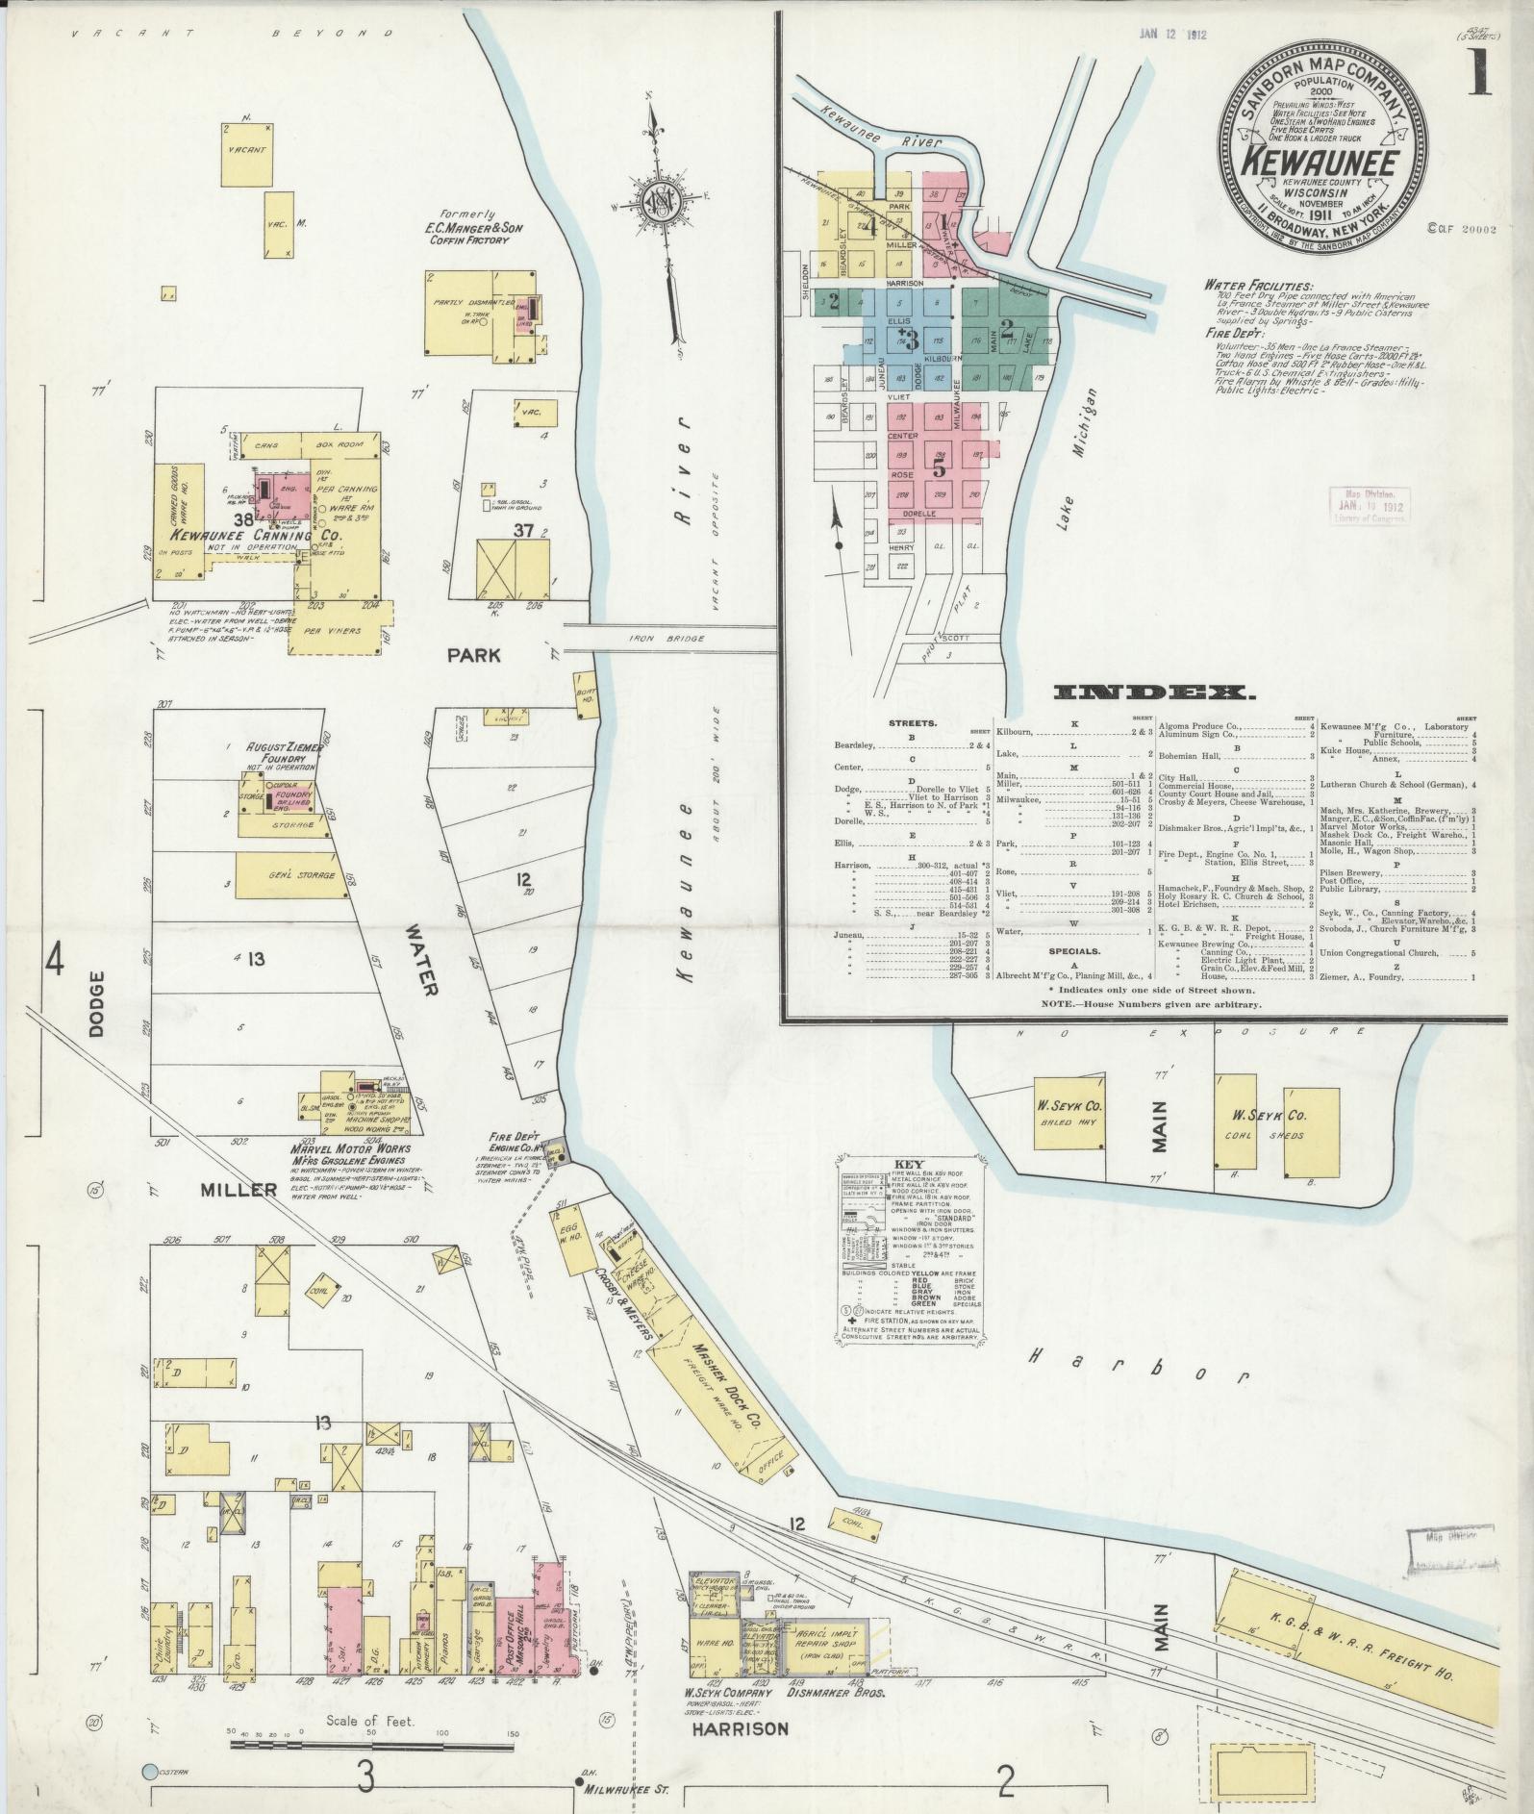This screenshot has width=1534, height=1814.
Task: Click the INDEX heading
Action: click(1153, 692)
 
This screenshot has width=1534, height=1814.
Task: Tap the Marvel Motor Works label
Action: click(350, 1148)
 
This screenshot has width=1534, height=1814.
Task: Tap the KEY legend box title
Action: click(908, 1161)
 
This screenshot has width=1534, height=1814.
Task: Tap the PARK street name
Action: click(473, 655)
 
